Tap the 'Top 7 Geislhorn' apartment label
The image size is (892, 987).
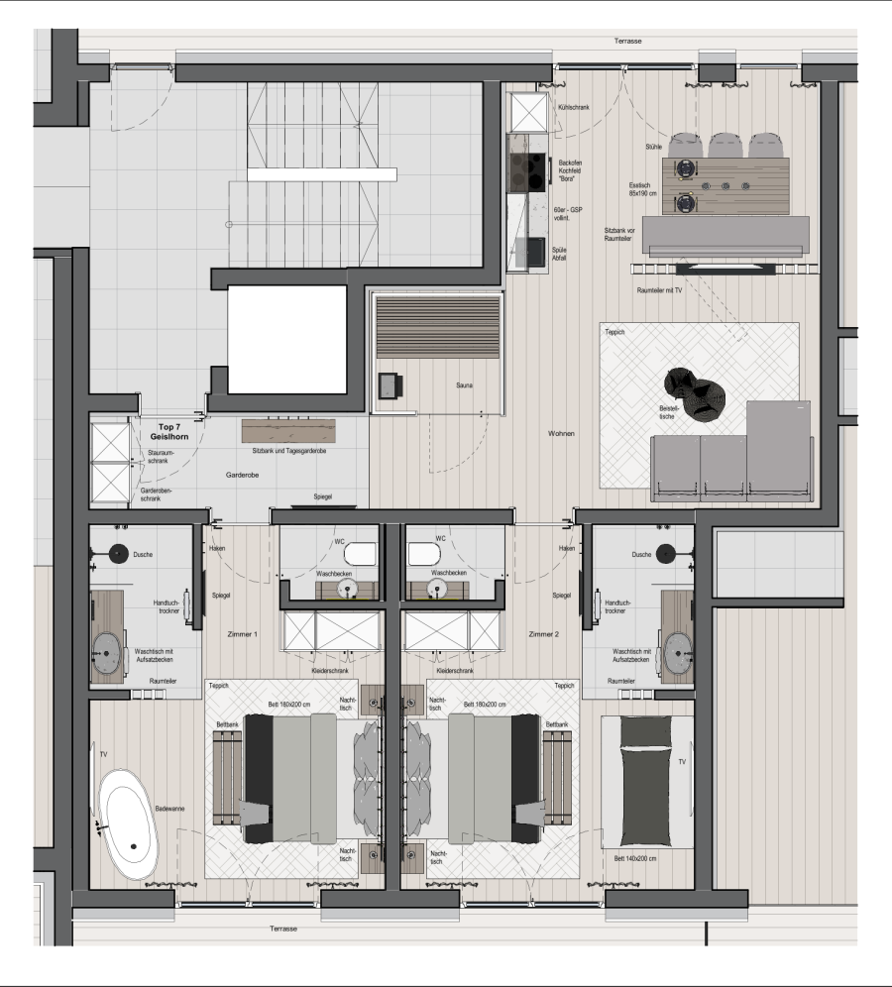168,432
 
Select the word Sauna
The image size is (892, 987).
464,385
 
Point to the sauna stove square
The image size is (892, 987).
390,385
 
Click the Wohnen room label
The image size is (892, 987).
561,433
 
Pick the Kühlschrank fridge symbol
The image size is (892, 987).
529,113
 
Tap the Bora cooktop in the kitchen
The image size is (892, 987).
527,171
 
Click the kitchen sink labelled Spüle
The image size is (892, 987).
529,252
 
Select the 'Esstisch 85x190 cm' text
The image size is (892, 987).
642,189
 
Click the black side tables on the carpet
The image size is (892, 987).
695,392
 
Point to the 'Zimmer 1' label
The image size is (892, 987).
243,634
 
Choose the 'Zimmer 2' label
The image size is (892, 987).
544,634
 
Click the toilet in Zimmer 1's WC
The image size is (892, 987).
360,554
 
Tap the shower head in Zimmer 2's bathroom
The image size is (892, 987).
665,554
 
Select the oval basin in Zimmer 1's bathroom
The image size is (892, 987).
107,653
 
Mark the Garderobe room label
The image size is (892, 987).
243,475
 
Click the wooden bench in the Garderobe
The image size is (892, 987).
288,431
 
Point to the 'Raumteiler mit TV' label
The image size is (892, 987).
659,290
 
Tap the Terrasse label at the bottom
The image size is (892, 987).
283,929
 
